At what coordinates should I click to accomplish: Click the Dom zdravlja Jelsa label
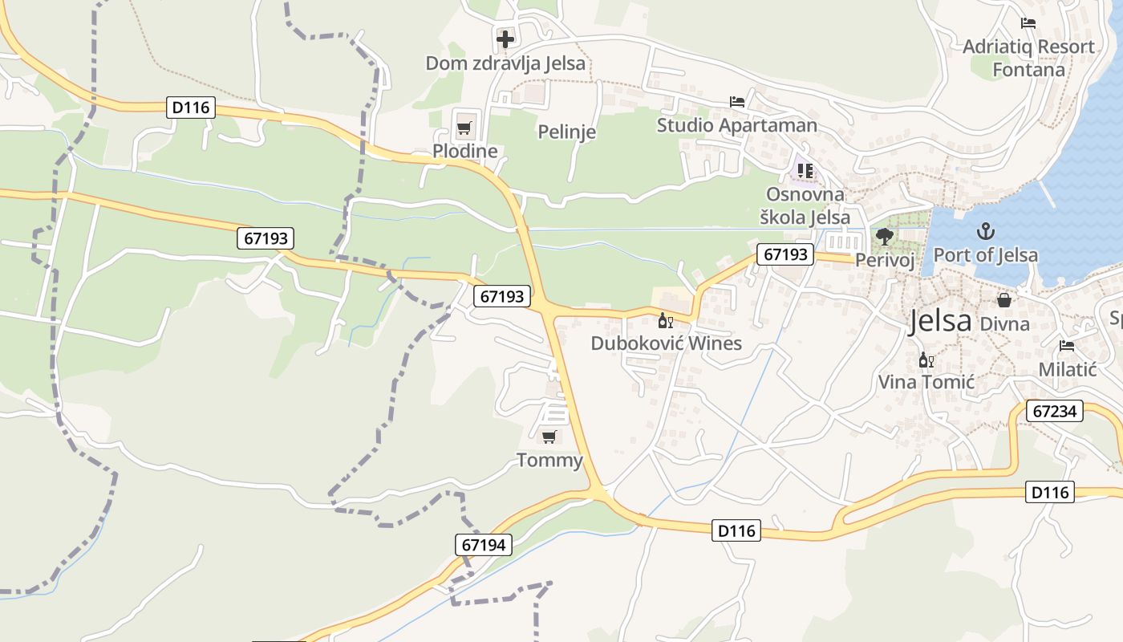(505, 63)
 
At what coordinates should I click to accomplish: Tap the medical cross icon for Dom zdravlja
(505, 38)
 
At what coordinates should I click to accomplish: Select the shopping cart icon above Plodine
(464, 127)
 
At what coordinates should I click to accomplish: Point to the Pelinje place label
(566, 132)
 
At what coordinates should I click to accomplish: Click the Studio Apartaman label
(736, 125)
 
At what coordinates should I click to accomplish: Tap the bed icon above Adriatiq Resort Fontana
(1028, 23)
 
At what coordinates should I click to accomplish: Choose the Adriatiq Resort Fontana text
(1028, 58)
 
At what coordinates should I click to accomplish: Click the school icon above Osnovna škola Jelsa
(805, 171)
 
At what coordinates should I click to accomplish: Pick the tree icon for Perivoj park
(885, 236)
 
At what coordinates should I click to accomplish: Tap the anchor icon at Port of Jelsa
(985, 232)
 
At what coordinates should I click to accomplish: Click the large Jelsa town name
(940, 321)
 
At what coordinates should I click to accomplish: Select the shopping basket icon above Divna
(1003, 300)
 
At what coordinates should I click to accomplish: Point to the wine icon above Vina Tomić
(926, 360)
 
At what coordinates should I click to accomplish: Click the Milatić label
(1067, 369)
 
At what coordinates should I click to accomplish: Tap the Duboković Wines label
(666, 343)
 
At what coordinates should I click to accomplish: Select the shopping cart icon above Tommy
(549, 437)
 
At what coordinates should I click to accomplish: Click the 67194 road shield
(484, 545)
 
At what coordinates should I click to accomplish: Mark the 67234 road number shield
(1054, 411)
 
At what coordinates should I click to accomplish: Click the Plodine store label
(464, 151)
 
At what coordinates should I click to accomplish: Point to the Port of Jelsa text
(985, 255)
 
